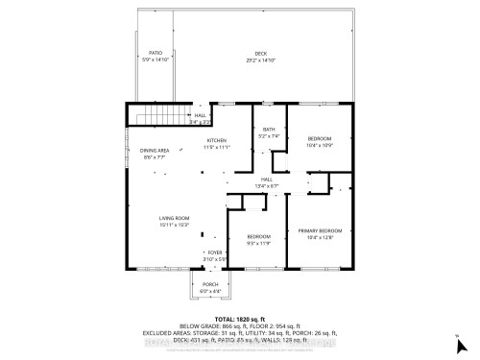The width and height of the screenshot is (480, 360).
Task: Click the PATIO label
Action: [x=156, y=53]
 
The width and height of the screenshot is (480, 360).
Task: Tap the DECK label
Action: [x=260, y=53]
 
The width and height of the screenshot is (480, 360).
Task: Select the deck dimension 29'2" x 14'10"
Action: [x=260, y=60]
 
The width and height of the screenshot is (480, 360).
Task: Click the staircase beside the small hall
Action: [x=151, y=116]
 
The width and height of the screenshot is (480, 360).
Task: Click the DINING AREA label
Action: [x=156, y=151]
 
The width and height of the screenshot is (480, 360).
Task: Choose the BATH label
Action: [x=269, y=131]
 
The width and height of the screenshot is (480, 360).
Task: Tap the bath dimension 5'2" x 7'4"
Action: [x=269, y=137]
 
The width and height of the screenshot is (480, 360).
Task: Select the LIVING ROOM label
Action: [x=174, y=220]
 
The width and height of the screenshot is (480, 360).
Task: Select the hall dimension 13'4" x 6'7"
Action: [x=267, y=186]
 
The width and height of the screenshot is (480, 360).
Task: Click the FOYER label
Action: [x=214, y=252]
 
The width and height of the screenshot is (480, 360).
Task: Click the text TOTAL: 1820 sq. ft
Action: [x=239, y=318]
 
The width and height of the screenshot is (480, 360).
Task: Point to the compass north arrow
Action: [x=458, y=336]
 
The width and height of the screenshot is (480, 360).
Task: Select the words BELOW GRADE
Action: [x=199, y=325]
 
